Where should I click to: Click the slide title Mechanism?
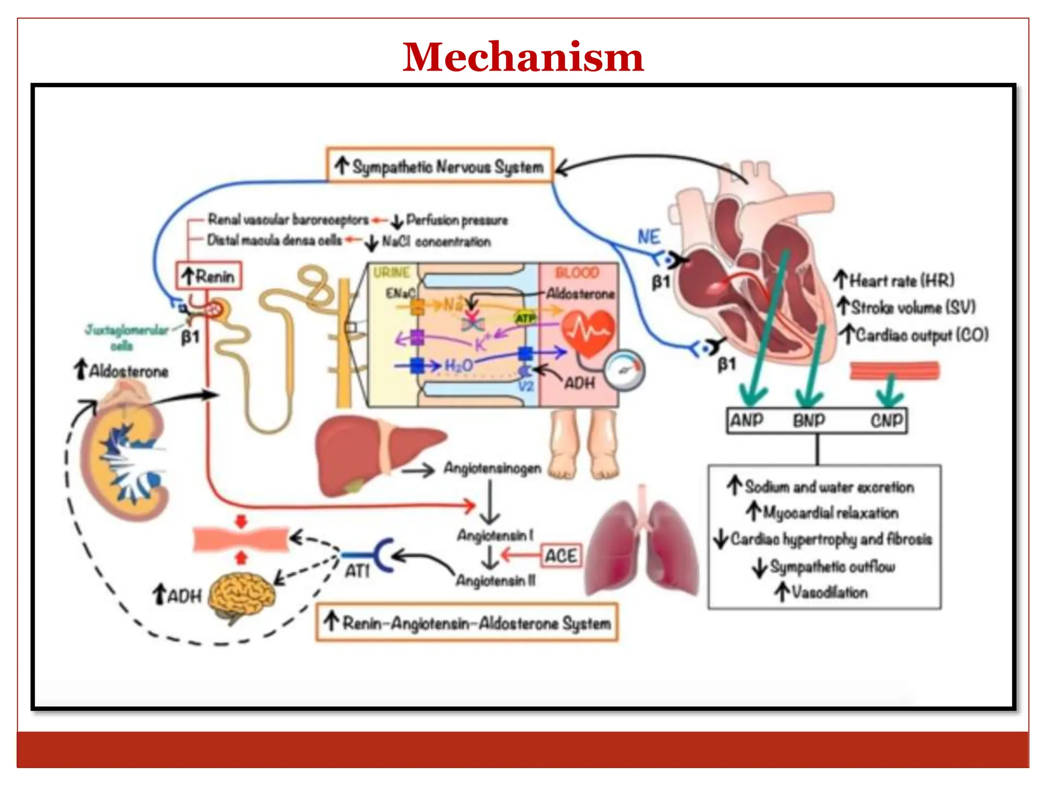point(522,56)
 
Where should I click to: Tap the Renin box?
point(209,276)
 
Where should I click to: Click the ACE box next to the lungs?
point(561,556)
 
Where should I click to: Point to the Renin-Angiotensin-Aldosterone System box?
point(467,622)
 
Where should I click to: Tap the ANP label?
point(747,421)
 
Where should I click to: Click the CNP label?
point(887,421)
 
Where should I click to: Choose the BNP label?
point(809,421)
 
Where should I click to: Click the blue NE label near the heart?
point(649,237)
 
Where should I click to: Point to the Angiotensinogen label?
point(492,468)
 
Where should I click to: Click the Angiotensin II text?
point(495,581)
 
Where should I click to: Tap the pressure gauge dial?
point(624,370)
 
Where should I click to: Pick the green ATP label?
point(525,318)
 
